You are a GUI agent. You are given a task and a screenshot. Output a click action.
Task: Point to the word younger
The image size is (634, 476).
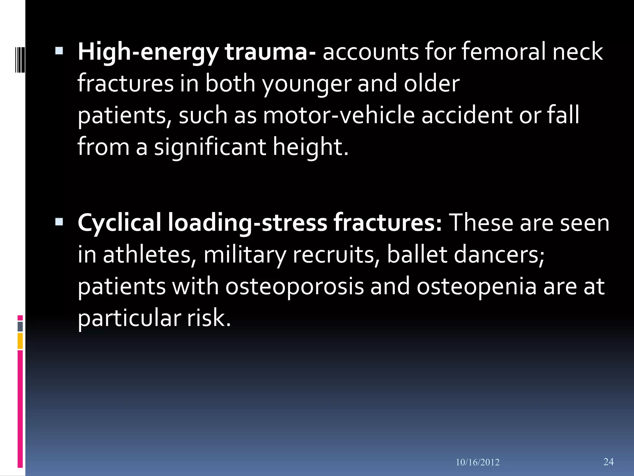click(x=306, y=84)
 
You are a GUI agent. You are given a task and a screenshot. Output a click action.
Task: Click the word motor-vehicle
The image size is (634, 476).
click(x=339, y=115)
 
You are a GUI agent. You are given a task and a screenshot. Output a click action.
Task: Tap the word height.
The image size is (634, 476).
click(x=310, y=147)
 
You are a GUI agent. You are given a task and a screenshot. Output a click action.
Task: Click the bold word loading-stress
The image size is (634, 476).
click(x=247, y=223)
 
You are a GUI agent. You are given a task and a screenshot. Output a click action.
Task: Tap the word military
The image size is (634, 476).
click(x=245, y=255)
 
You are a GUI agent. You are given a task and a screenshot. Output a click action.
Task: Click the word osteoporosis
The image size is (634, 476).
click(x=294, y=286)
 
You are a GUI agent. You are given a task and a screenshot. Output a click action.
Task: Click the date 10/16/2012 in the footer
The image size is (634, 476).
click(x=477, y=462)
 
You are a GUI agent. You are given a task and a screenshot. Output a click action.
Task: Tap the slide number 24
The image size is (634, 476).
click(x=608, y=461)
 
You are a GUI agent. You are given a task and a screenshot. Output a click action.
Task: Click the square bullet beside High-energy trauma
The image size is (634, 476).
click(x=59, y=51)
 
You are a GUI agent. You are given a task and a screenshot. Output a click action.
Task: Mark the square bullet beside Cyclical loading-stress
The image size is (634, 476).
click(x=59, y=222)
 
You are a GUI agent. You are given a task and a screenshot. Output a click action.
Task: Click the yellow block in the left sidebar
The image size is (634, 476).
click(x=20, y=341)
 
